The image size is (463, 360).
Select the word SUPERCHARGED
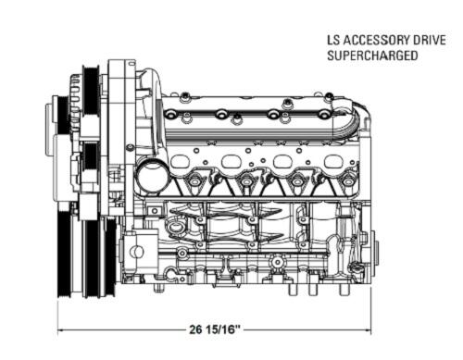point(372,56)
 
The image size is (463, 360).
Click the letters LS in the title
point(333,41)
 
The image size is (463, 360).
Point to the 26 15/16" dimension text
point(215,329)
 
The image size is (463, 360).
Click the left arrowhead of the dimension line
point(61,330)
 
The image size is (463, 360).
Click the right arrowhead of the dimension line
point(368,330)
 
